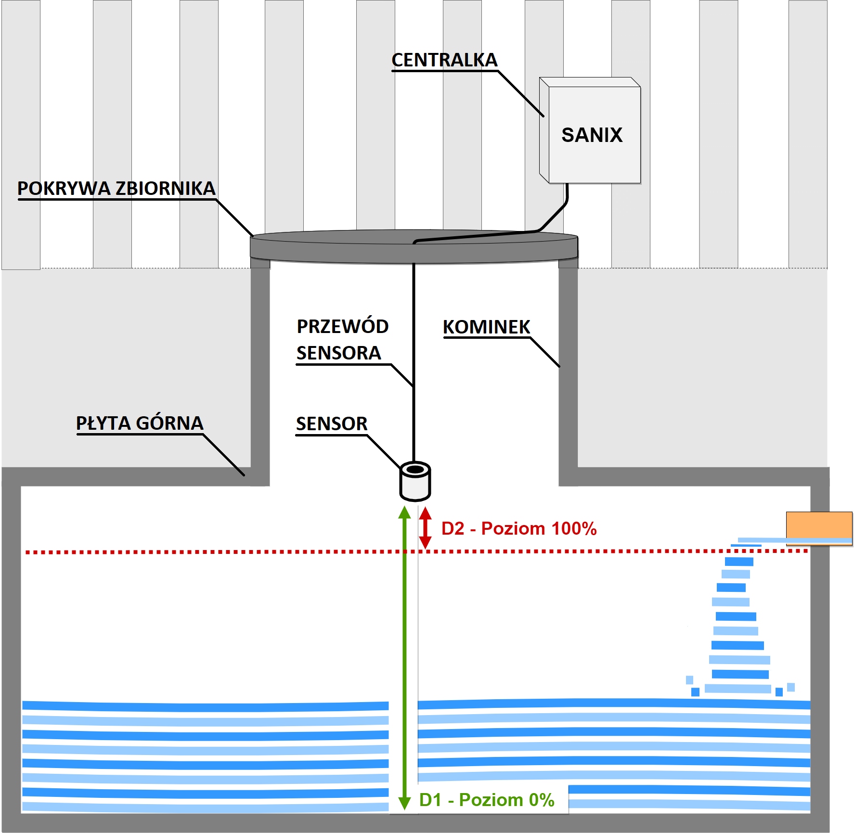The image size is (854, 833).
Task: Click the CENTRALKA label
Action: [444, 60]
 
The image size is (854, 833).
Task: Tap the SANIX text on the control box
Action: [592, 135]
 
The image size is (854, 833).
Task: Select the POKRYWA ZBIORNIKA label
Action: [116, 188]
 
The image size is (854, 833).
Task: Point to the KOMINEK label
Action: [486, 327]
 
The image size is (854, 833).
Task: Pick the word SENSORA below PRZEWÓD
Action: [338, 353]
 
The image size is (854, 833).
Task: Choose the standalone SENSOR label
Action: [332, 423]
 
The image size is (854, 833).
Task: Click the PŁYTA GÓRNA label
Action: [140, 423]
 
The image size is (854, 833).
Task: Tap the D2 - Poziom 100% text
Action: [519, 528]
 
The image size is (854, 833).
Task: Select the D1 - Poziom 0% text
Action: [487, 800]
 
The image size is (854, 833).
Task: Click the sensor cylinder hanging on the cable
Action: [415, 481]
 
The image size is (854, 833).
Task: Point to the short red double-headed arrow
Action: [425, 528]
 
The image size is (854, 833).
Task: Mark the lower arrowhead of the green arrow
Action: [404, 803]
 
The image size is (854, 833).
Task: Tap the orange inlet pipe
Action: [819, 528]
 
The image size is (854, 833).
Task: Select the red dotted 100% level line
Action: [417, 551]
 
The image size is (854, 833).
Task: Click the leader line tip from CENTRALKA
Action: [543, 116]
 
